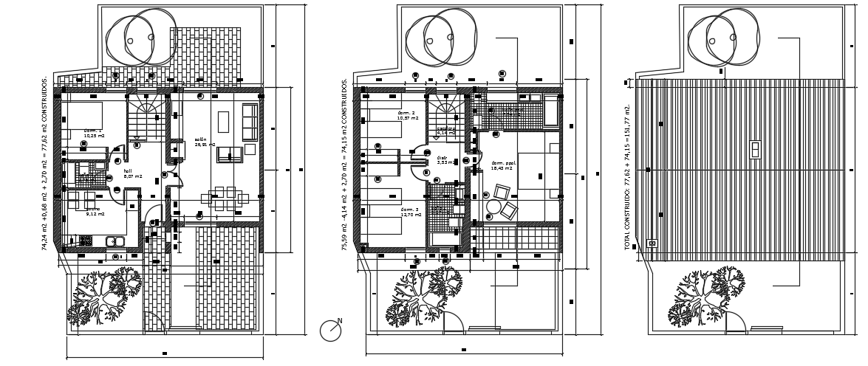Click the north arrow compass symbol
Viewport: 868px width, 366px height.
(330, 331)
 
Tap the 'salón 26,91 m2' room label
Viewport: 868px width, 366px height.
(205, 142)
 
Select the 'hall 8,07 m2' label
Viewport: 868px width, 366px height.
(132, 173)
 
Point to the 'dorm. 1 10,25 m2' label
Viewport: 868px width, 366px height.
(93, 133)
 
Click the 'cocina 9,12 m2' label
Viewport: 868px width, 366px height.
(94, 212)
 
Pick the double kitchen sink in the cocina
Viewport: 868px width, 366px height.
(115, 241)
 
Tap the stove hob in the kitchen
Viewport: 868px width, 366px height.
(86, 241)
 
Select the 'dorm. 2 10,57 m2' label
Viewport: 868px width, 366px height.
(407, 115)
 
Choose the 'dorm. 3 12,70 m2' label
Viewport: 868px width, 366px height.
(411, 212)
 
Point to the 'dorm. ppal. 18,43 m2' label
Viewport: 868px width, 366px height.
(502, 166)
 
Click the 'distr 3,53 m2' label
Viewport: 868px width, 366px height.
(442, 159)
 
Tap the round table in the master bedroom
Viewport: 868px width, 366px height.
(493, 206)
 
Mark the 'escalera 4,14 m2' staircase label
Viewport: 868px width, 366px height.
(445, 131)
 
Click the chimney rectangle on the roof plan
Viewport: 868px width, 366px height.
(755, 149)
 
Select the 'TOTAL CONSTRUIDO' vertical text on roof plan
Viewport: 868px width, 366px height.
(628, 177)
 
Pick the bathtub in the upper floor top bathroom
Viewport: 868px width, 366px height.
(551, 113)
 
